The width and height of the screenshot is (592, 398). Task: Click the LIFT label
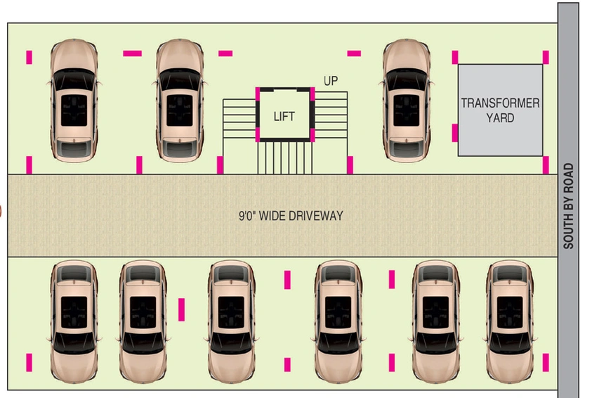click(284, 117)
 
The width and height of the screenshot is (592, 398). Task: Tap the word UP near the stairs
click(331, 81)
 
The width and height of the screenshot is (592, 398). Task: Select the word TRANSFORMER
click(500, 103)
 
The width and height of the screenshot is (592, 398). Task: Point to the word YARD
click(500, 118)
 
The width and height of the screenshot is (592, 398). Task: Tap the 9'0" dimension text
click(248, 216)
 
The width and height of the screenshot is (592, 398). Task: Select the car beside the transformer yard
click(406, 101)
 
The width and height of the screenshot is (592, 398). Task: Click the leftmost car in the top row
click(74, 101)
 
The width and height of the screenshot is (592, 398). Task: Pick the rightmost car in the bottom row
click(510, 321)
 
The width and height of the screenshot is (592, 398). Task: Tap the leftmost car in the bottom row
click(74, 321)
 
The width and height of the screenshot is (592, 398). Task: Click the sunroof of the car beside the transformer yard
click(406, 110)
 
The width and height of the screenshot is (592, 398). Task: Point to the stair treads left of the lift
click(239, 118)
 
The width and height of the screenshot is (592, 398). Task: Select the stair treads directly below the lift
click(285, 158)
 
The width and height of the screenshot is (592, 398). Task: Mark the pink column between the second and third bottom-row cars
click(182, 309)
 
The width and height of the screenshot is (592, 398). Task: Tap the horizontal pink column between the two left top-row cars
click(133, 53)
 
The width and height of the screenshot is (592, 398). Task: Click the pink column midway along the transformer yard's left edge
click(455, 133)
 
